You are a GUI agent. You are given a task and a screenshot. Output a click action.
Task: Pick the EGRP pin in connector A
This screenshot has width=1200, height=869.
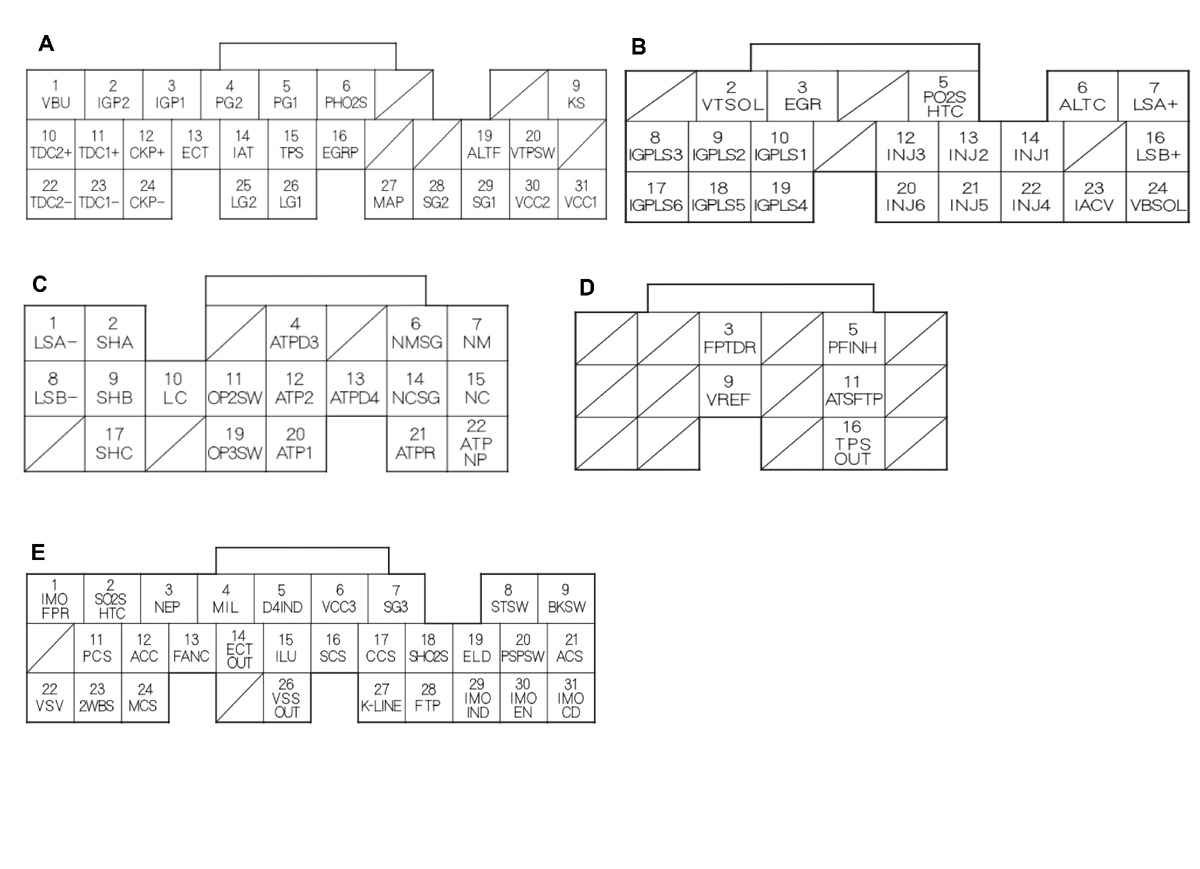pyautogui.click(x=341, y=144)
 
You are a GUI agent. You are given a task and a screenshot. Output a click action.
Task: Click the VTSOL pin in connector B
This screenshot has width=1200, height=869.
pyautogui.click(x=731, y=97)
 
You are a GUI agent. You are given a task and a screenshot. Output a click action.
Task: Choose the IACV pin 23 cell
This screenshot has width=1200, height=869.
pyautogui.click(x=1094, y=196)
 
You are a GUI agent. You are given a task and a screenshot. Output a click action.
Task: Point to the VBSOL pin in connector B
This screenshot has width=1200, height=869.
pyautogui.click(x=1156, y=196)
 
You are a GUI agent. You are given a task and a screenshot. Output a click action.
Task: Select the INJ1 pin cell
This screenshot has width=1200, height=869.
pyautogui.click(x=1032, y=146)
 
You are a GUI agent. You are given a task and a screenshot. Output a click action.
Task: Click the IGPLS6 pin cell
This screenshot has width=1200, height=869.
pyautogui.click(x=657, y=196)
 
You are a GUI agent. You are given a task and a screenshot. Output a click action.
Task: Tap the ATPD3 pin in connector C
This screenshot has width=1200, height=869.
pyautogui.click(x=296, y=331)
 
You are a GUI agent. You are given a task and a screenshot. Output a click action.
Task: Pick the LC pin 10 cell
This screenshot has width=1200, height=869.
pyautogui.click(x=174, y=386)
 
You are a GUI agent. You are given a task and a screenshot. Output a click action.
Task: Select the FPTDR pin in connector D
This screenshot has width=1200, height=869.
pyautogui.click(x=730, y=337)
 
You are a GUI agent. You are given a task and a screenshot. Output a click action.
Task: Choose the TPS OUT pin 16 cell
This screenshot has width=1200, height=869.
pyautogui.click(x=854, y=443)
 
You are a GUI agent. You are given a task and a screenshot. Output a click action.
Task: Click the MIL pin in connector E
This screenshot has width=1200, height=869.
pyautogui.click(x=226, y=598)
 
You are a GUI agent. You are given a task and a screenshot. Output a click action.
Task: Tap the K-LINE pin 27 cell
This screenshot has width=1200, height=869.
pyautogui.click(x=381, y=697)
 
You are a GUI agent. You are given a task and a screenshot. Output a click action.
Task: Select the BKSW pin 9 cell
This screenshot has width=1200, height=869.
pyautogui.click(x=566, y=598)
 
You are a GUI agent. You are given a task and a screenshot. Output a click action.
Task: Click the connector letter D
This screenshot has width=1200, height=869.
pyautogui.click(x=587, y=288)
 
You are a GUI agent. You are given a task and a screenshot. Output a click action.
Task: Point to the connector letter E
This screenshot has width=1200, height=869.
pyautogui.click(x=38, y=551)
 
